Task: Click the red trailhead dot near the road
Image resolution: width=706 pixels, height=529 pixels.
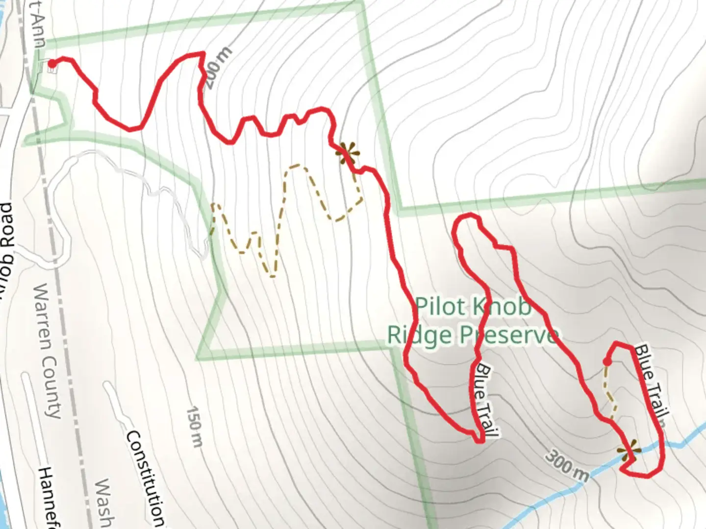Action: [51, 63]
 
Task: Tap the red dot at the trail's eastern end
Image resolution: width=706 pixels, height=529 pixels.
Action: [606, 362]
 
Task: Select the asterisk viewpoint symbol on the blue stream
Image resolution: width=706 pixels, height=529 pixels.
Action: [629, 452]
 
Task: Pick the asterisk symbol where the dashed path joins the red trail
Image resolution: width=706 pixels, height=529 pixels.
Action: [347, 153]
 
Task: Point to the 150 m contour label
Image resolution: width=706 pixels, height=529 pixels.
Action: [195, 426]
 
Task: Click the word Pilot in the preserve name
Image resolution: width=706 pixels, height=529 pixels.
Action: [439, 307]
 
